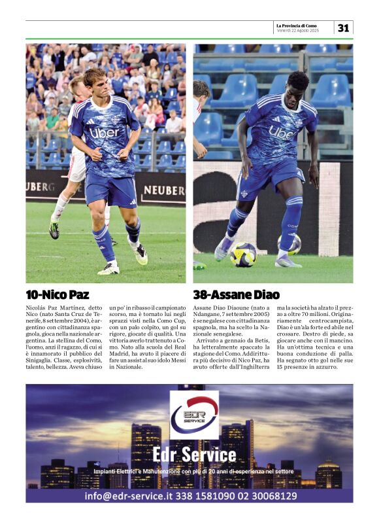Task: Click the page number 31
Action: point(344,27)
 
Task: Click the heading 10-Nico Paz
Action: point(58,294)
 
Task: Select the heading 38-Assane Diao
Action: point(236,294)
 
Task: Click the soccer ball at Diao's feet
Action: point(243,254)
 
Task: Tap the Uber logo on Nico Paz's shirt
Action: point(104,133)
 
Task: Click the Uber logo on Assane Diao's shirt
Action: point(282,133)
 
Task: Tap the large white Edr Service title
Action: point(194,454)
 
